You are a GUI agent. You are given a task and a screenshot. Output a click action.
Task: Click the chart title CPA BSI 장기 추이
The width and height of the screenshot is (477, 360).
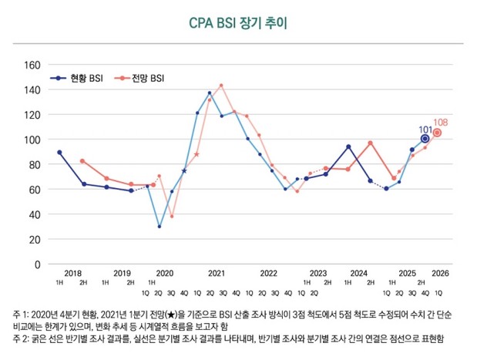(x=238, y=23)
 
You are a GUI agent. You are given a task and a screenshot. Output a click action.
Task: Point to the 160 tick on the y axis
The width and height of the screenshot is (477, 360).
(x=31, y=64)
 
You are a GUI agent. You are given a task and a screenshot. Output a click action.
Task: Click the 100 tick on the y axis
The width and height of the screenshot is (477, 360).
(x=31, y=140)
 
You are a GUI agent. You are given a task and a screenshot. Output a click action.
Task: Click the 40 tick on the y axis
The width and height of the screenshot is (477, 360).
(x=33, y=214)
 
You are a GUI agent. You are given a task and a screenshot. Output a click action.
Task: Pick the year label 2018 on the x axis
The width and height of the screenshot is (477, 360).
(x=72, y=273)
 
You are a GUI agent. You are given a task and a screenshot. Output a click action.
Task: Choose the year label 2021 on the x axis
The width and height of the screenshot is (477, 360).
(x=216, y=273)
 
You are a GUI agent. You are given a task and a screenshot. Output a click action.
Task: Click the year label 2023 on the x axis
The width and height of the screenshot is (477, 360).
(x=317, y=273)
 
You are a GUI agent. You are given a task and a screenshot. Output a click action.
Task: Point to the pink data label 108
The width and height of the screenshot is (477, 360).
(x=440, y=122)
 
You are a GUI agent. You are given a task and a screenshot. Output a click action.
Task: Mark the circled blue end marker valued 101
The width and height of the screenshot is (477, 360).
(x=425, y=139)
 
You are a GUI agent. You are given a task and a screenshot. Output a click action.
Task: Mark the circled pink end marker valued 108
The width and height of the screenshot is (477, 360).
(x=438, y=133)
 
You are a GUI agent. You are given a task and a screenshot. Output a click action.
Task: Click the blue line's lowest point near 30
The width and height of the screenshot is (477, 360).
(x=160, y=227)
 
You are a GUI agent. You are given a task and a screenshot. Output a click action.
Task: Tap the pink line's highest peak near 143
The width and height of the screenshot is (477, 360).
(x=221, y=86)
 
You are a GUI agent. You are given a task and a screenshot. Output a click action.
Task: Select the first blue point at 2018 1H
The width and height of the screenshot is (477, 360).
(x=59, y=152)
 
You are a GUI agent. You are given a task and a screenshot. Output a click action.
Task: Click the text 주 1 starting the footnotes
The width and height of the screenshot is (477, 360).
(x=19, y=315)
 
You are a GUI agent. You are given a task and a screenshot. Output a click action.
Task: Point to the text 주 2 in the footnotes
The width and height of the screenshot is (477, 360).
(x=19, y=338)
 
